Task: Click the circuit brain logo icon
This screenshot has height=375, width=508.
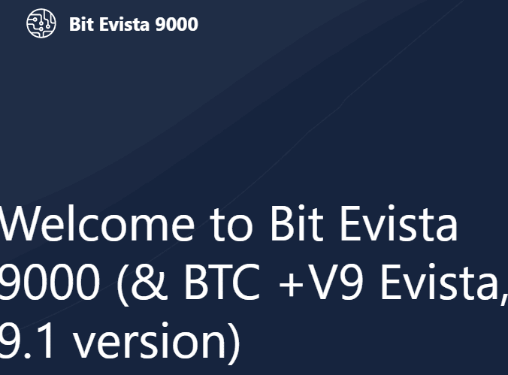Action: [41, 24]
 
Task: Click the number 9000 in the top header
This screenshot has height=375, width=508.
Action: [177, 25]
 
